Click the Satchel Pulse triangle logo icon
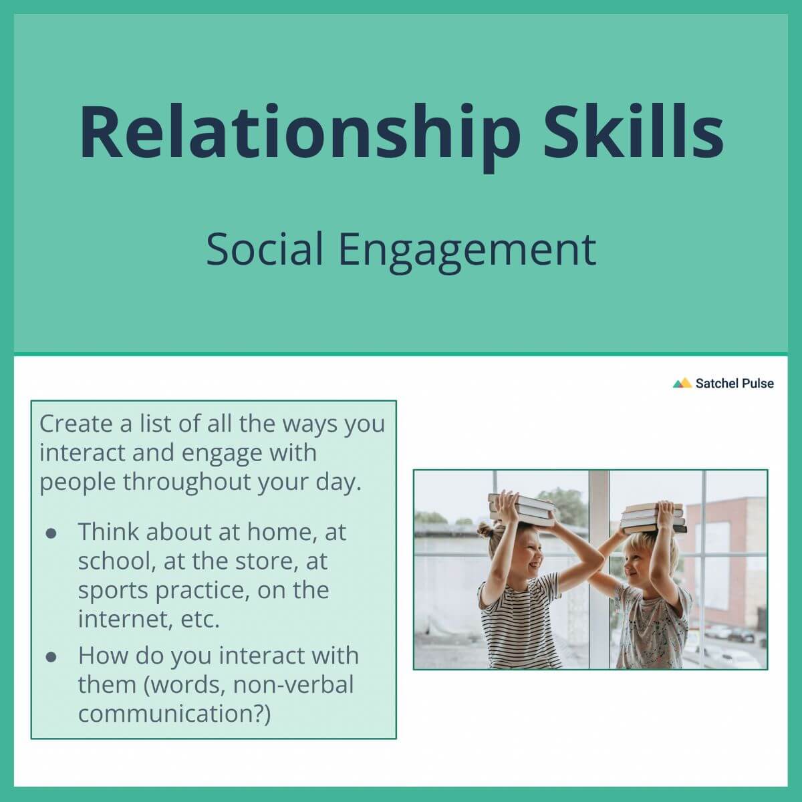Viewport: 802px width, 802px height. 682,383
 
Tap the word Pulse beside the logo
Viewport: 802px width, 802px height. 755,383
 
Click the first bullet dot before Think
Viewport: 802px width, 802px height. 51,533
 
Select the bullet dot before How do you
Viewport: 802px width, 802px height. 51,656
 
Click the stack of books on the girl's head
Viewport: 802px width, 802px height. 521,508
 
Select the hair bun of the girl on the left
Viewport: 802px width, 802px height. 486,531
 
